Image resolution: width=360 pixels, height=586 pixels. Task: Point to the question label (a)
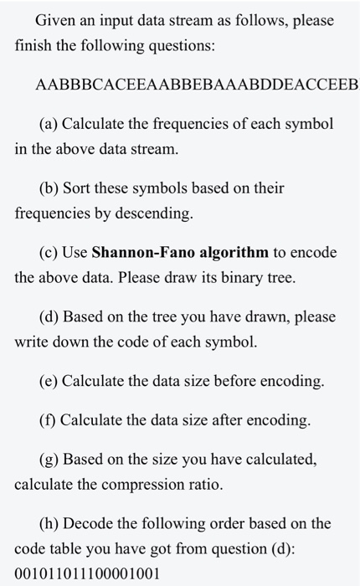coord(49,124)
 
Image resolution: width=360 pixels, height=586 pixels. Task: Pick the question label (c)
coord(49,252)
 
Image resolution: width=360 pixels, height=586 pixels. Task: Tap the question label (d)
coord(49,316)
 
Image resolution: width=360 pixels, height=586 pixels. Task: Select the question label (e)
coord(49,381)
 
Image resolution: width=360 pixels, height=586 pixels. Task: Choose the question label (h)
coord(49,524)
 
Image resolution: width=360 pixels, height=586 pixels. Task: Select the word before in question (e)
coord(263,381)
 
